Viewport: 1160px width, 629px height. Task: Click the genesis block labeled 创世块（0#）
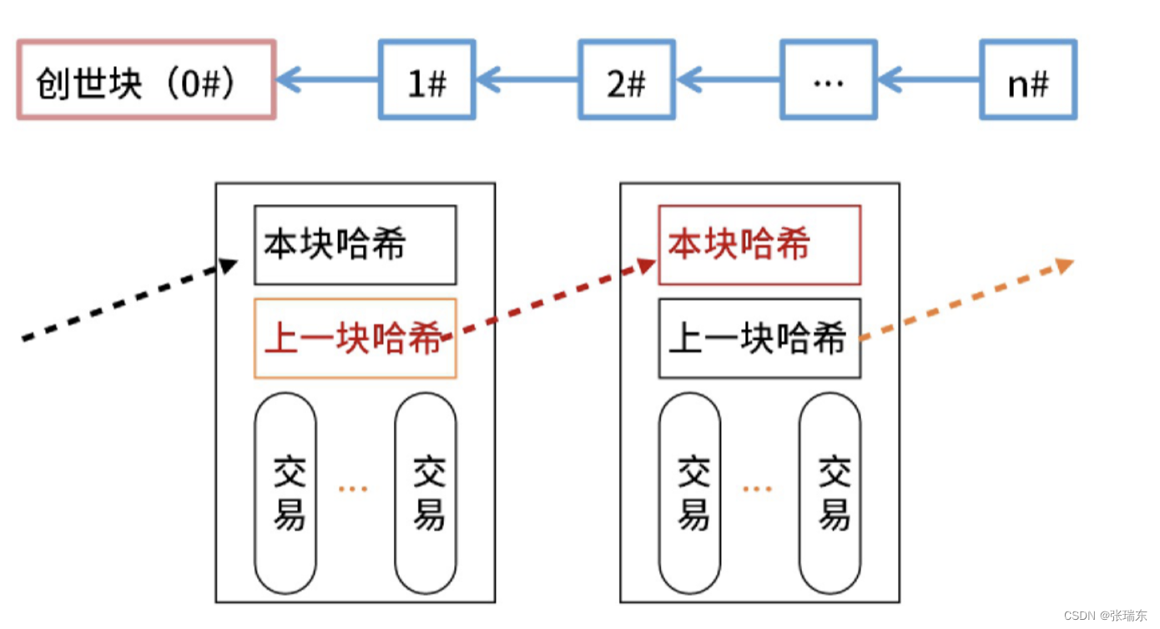(146, 80)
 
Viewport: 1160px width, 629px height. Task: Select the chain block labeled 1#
(426, 80)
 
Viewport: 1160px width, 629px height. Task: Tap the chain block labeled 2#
(627, 80)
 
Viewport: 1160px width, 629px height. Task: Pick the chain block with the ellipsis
(828, 80)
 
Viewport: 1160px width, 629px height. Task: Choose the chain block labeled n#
(1028, 80)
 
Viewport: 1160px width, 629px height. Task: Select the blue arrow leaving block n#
(929, 80)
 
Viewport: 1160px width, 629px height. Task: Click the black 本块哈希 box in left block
(355, 244)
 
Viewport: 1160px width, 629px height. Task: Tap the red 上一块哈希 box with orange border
(355, 339)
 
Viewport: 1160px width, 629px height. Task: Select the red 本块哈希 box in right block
(759, 244)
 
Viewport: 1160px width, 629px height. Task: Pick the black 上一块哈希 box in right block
(759, 339)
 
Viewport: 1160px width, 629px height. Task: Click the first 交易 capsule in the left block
(285, 494)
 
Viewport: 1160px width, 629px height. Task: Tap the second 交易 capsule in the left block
(426, 494)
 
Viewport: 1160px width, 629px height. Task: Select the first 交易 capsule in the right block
(689, 494)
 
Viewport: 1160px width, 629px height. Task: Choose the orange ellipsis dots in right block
(758, 489)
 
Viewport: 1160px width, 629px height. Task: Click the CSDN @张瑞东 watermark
(1105, 616)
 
